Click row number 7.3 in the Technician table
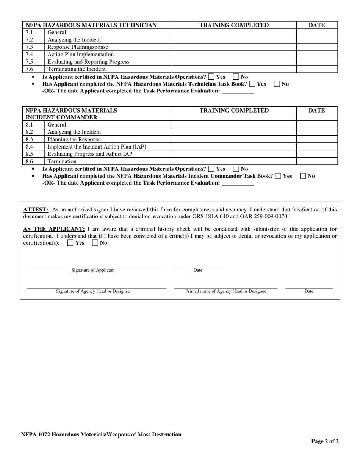point(29,47)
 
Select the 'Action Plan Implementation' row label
point(80,55)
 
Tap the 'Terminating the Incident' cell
point(77,69)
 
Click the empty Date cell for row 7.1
point(316,33)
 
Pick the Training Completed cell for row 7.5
point(234,62)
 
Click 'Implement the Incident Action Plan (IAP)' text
point(97,147)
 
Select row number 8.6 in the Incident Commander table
point(29,161)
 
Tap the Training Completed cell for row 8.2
point(234,132)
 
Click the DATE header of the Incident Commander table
point(316,111)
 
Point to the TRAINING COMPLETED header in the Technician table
point(234,25)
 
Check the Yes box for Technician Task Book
point(252,84)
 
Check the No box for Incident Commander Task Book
point(303,176)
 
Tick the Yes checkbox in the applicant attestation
point(70,243)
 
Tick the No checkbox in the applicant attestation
point(95,243)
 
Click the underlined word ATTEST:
point(36,210)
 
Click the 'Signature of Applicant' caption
point(93,270)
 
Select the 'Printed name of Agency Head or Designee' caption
point(225,291)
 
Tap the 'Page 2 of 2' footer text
point(325,441)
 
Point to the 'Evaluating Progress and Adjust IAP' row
point(90,154)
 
